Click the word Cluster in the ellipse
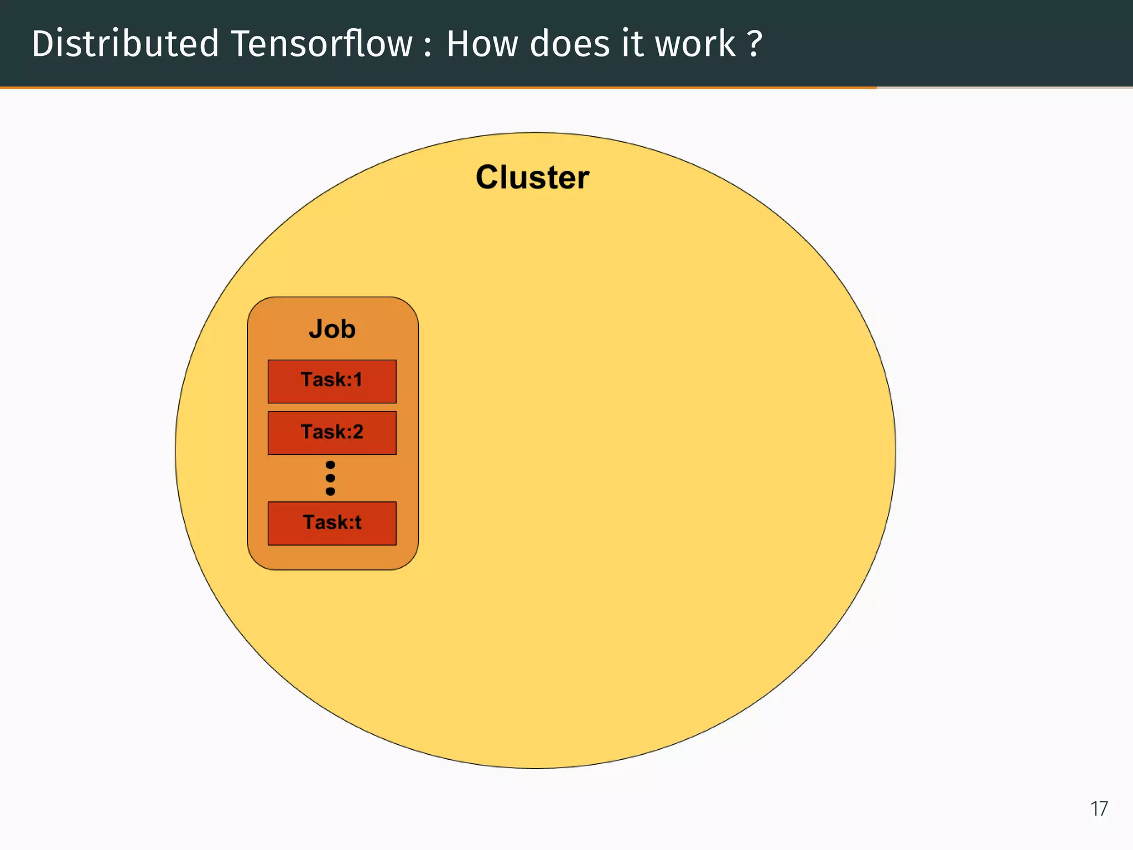[x=532, y=178]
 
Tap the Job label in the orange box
[x=332, y=329]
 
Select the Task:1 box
[x=332, y=381]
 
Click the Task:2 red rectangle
[x=332, y=433]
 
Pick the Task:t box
[x=332, y=523]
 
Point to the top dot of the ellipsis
[x=330, y=465]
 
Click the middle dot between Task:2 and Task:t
[x=330, y=478]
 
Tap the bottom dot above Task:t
[x=330, y=491]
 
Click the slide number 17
[x=1099, y=809]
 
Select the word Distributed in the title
[x=125, y=44]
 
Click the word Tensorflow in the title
[x=321, y=44]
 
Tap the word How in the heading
[x=482, y=44]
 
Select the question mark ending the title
[x=755, y=44]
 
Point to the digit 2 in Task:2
[x=357, y=432]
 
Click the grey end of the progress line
[x=1004, y=87]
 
